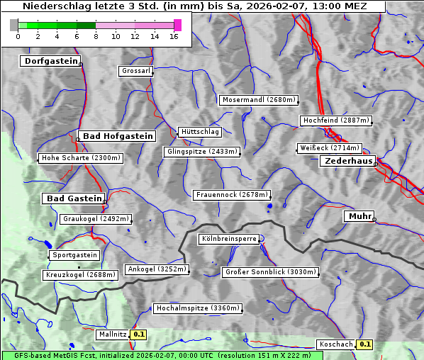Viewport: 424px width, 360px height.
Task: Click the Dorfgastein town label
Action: point(50,61)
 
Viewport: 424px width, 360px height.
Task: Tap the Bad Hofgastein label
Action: point(117,136)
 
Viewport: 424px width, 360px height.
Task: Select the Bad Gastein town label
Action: point(74,198)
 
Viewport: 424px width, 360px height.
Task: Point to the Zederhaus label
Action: point(347,162)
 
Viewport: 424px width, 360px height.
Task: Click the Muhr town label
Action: point(359,216)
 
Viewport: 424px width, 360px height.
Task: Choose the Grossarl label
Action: point(135,72)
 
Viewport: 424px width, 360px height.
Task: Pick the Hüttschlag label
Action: point(200,132)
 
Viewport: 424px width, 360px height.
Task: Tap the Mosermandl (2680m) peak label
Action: point(259,100)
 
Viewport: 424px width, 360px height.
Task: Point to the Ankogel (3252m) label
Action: point(157,269)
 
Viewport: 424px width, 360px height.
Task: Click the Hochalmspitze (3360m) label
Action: point(198,308)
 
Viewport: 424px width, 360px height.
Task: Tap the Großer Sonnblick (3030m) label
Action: point(269,272)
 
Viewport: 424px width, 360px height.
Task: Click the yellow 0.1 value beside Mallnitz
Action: point(139,334)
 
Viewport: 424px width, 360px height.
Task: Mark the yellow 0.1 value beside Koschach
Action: point(364,344)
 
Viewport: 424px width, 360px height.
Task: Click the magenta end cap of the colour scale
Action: point(178,25)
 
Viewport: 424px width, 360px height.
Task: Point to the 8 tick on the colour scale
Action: point(96,35)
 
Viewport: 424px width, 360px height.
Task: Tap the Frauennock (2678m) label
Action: point(232,195)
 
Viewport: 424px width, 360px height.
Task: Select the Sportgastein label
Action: point(74,255)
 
